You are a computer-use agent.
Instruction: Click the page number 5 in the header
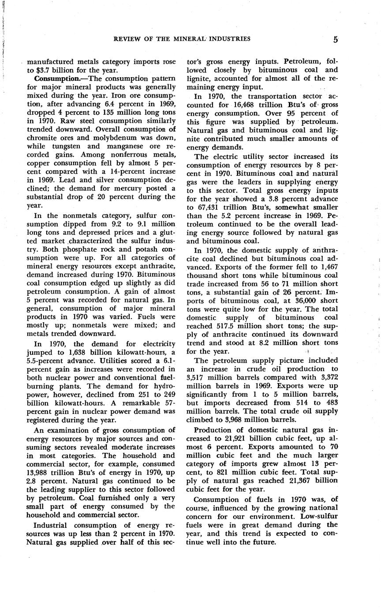point(336,39)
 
